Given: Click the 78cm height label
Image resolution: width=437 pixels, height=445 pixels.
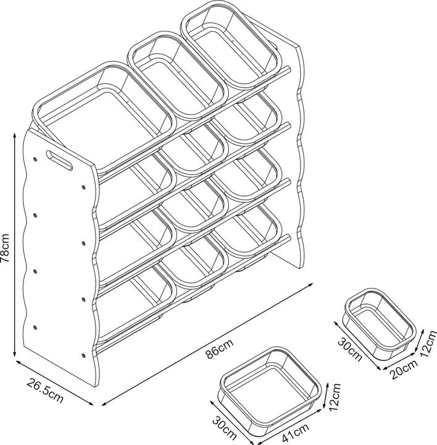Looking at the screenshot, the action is (6, 247).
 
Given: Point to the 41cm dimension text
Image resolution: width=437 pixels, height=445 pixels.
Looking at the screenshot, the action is (295, 430).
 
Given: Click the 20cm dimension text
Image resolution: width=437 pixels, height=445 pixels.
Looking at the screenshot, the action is (404, 368).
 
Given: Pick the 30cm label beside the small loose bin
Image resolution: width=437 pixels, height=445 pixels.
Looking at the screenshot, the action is (350, 349).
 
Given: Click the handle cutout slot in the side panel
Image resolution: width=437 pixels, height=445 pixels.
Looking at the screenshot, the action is (59, 160).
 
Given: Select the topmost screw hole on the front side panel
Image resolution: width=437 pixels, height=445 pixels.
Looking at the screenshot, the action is (35, 159).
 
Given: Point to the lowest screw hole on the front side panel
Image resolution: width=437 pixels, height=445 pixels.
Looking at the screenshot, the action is (83, 355).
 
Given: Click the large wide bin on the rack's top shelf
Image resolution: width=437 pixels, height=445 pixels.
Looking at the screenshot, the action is (104, 116).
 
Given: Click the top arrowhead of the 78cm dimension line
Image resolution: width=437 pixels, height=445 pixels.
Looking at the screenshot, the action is (14, 135).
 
